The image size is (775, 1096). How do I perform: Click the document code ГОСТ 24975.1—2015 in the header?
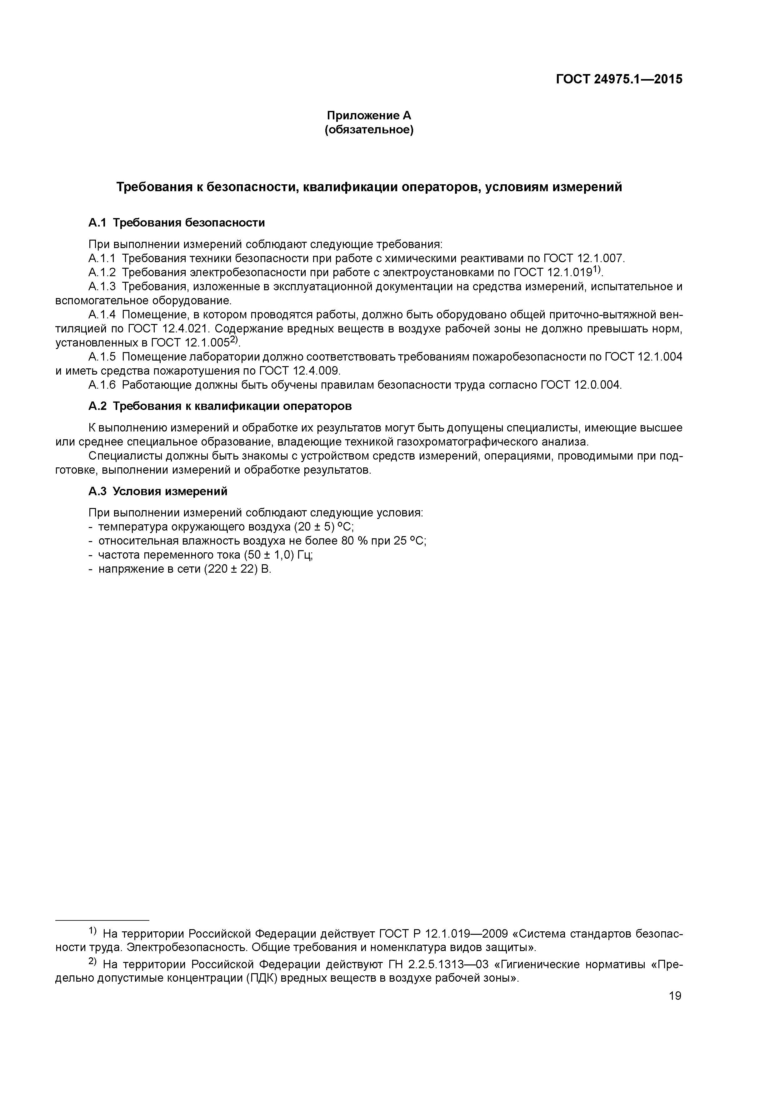coord(619,80)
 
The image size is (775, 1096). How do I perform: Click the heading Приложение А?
coord(369,116)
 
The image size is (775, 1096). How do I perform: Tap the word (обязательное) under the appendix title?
coord(369,130)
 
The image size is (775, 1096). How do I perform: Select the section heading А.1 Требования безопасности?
coord(177,223)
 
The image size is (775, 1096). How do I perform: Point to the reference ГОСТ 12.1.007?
coord(583,259)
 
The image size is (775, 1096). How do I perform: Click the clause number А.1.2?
coord(102,272)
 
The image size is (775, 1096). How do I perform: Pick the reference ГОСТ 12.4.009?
coord(299,371)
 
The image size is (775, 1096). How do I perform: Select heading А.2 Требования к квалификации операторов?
coord(220,406)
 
